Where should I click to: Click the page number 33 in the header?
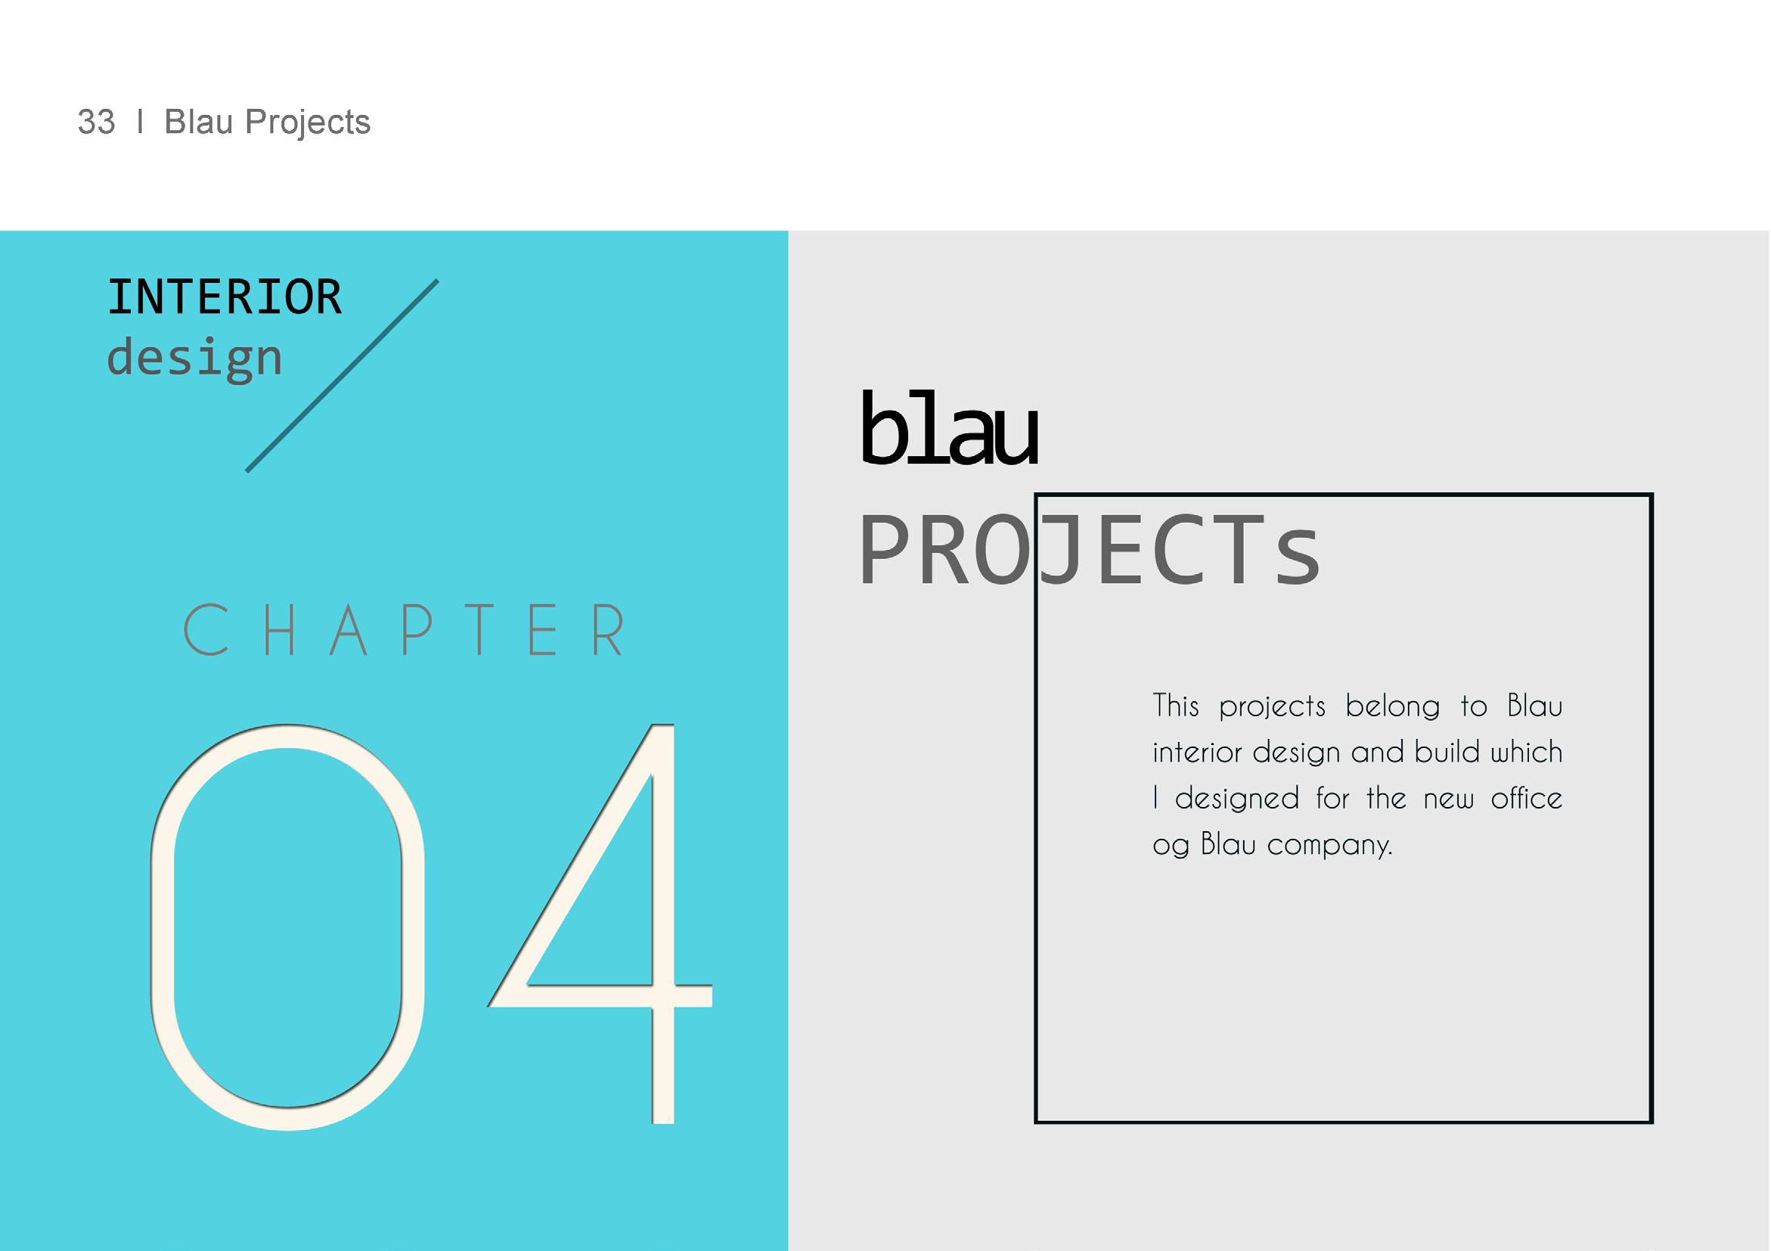(97, 122)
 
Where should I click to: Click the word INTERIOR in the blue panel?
(225, 297)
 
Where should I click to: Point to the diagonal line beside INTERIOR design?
(342, 376)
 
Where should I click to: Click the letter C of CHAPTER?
(206, 629)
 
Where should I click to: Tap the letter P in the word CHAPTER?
(417, 629)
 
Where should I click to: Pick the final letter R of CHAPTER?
(608, 629)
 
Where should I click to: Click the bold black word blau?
(950, 428)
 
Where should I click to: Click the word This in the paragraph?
(1176, 706)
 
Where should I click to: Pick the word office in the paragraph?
(1527, 798)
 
